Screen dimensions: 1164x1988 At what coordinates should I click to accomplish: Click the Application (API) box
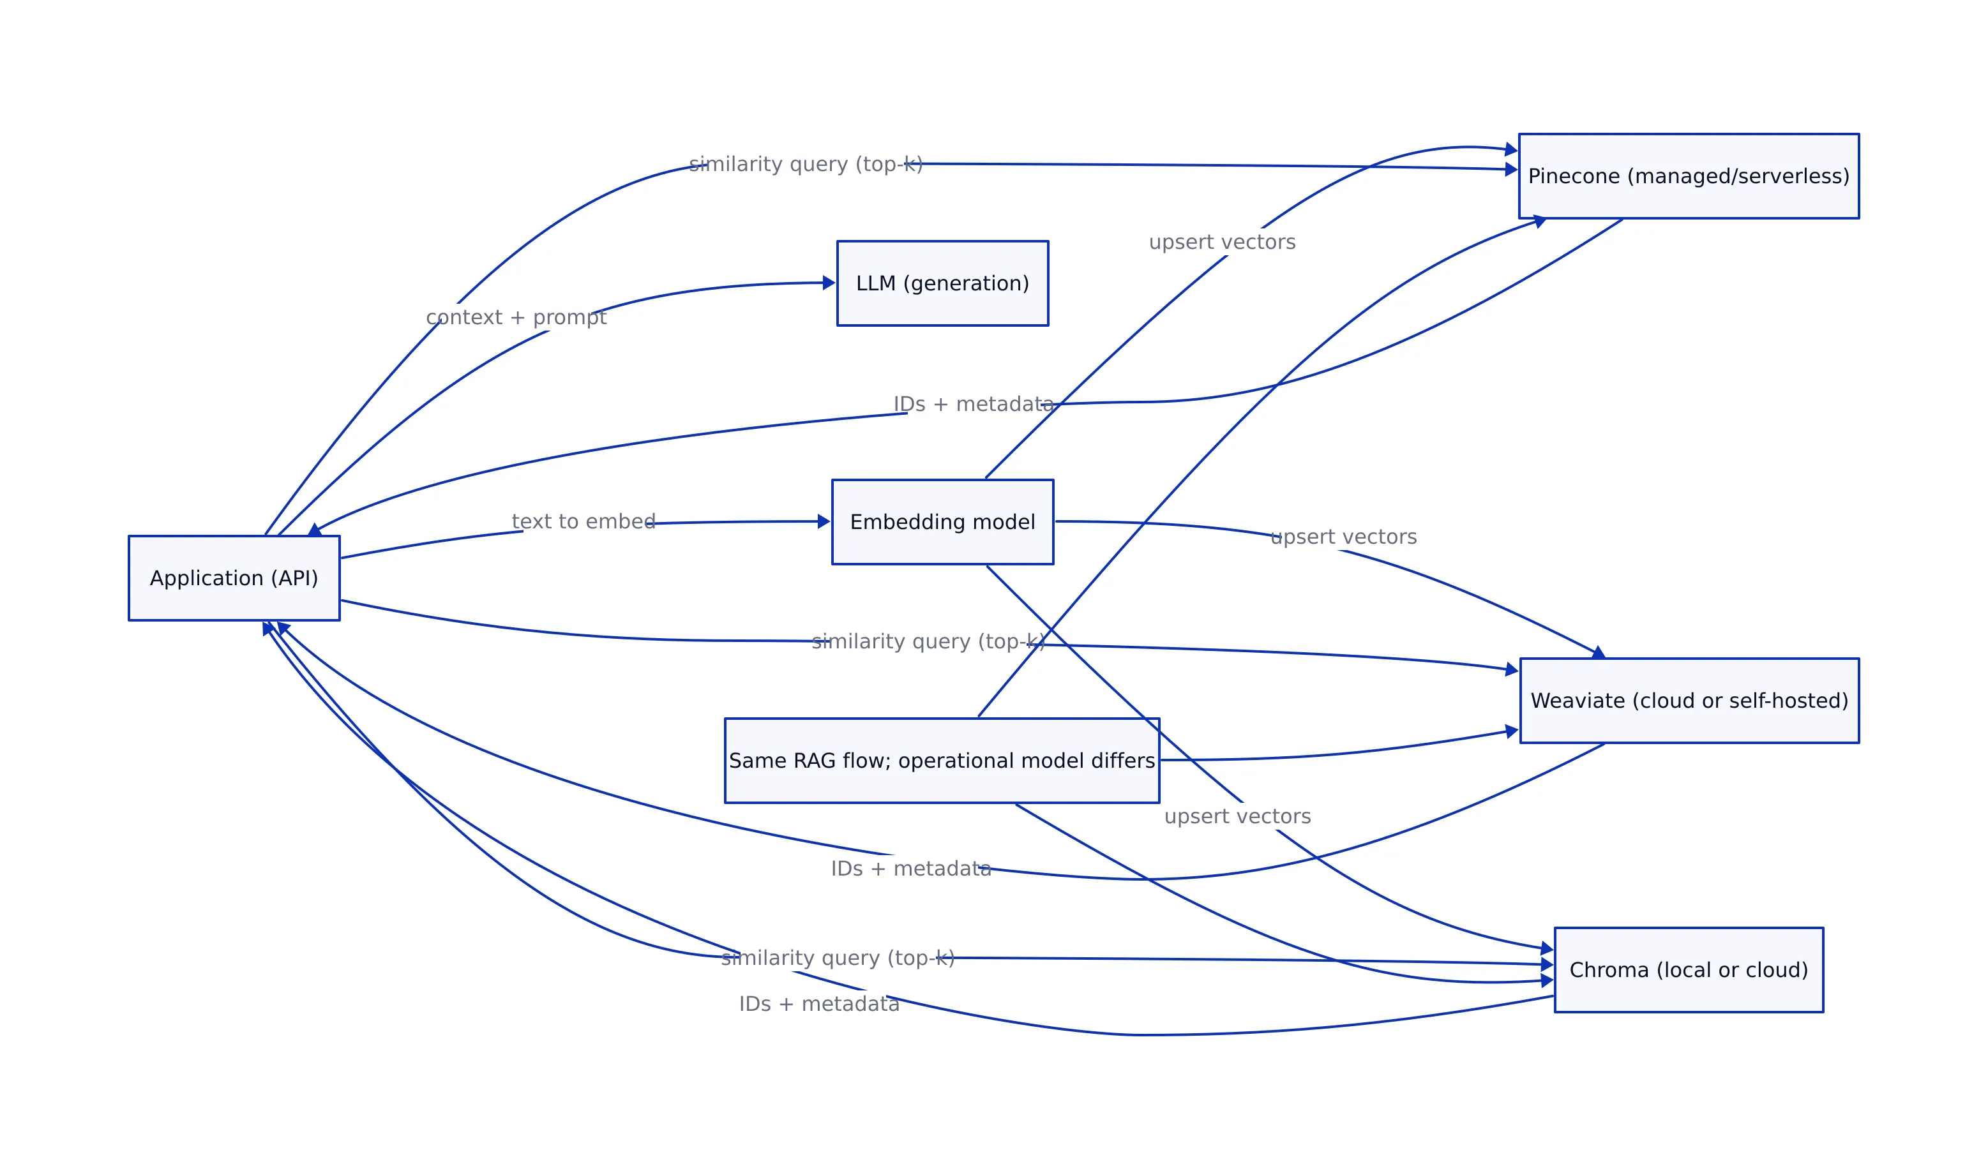point(234,578)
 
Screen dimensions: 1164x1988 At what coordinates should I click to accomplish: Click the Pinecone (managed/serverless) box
point(1688,176)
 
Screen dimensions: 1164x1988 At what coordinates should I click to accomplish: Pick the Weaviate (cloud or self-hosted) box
point(1689,700)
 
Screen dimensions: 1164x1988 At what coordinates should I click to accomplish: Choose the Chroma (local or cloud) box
point(1688,970)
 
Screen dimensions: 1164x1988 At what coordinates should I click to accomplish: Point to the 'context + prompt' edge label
point(516,317)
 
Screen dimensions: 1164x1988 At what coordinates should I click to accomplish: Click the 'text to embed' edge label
point(583,521)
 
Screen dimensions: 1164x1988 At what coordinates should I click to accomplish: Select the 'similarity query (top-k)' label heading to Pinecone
point(806,164)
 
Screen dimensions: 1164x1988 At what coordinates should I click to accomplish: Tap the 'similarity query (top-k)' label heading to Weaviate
point(928,641)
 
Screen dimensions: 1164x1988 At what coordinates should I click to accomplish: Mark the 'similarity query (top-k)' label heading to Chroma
point(837,957)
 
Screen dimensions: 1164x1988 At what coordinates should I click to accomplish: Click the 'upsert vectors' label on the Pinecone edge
point(1221,242)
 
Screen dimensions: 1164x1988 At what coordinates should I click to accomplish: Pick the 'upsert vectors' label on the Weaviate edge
point(1343,537)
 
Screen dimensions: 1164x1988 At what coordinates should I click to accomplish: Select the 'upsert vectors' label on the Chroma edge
point(1237,816)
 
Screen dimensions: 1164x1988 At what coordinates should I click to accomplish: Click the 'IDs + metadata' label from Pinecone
point(973,405)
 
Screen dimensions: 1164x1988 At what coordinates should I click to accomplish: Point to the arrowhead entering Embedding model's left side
point(824,521)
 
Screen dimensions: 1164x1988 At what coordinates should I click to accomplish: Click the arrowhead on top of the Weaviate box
point(1599,652)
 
